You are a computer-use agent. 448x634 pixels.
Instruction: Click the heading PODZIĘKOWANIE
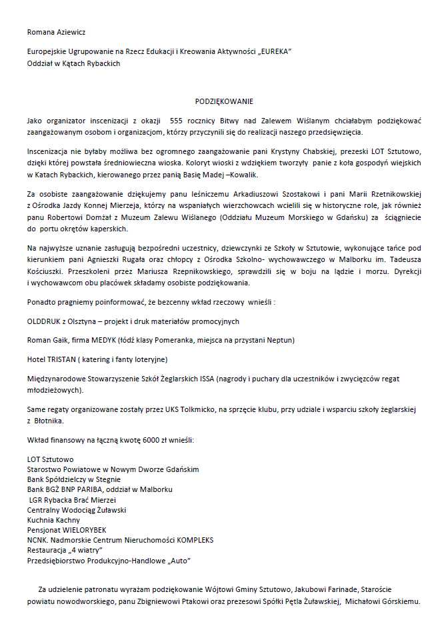point(224,101)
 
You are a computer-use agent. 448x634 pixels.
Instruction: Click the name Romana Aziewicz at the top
point(56,31)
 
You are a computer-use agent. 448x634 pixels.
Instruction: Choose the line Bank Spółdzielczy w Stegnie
point(74,479)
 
